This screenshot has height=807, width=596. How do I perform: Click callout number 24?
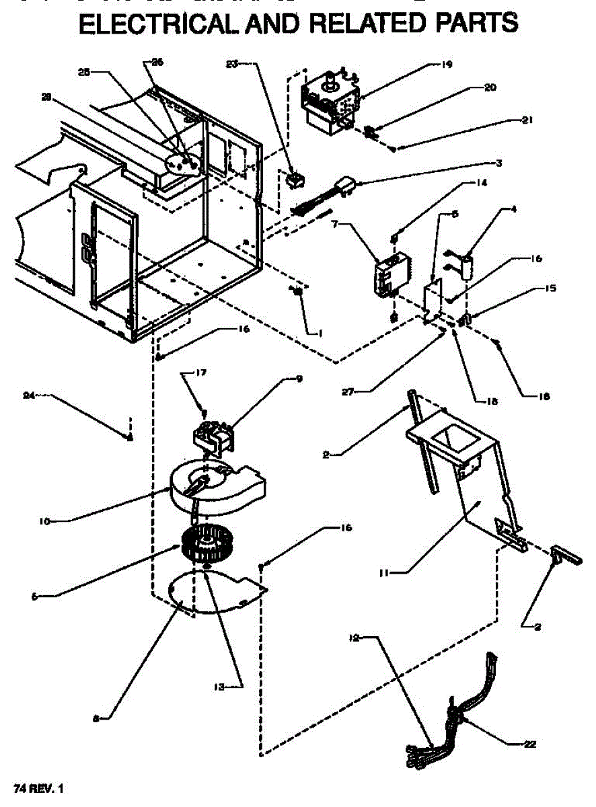(28, 395)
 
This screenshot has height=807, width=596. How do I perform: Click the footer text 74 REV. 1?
(40, 786)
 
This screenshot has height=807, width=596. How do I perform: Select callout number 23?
(232, 65)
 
